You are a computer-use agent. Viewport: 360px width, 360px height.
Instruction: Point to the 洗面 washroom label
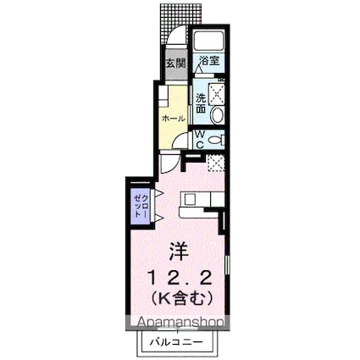tap(201, 102)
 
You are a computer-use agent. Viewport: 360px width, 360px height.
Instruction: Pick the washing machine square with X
tap(216, 91)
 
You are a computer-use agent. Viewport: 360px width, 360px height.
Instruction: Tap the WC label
tap(198, 140)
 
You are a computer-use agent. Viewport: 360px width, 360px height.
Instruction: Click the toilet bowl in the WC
tap(215, 140)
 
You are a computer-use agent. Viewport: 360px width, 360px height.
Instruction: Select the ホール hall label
tap(174, 118)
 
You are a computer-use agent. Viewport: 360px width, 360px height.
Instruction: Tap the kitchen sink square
tap(191, 200)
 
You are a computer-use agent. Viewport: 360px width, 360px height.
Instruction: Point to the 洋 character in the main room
tap(179, 251)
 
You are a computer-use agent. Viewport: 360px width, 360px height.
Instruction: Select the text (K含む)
tap(179, 297)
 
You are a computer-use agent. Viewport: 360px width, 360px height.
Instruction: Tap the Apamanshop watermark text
tap(175, 323)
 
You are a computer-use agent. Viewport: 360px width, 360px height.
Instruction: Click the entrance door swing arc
tap(175, 38)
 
